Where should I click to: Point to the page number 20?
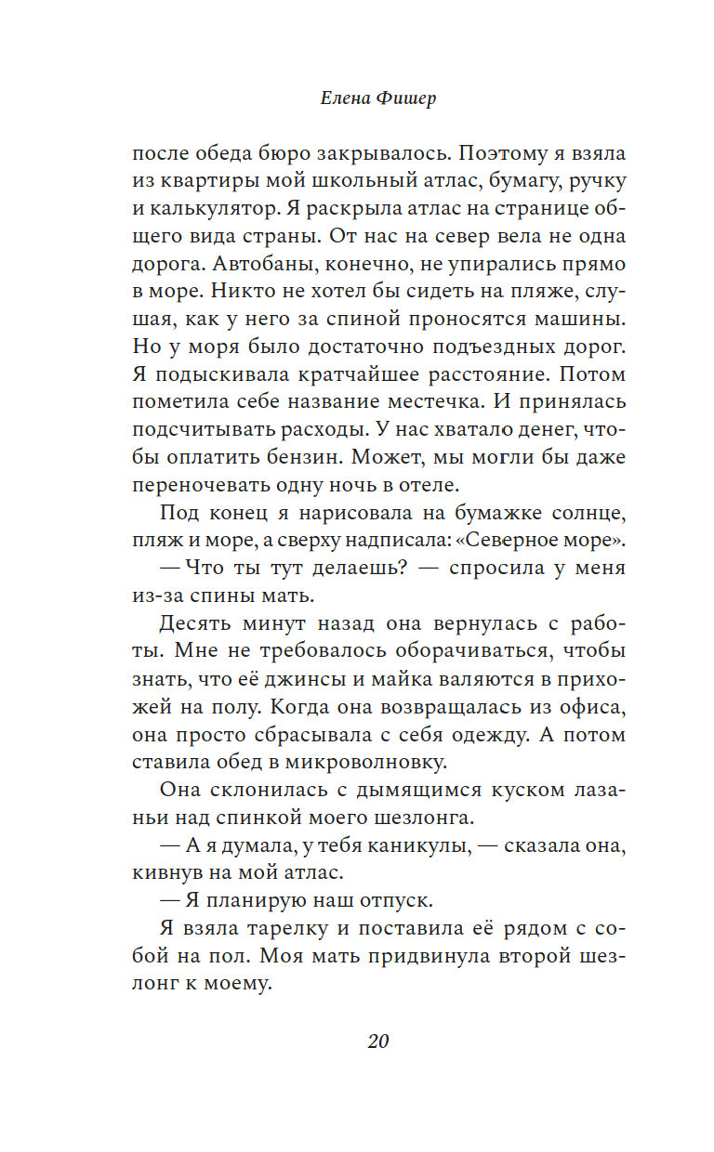click(377, 1041)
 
